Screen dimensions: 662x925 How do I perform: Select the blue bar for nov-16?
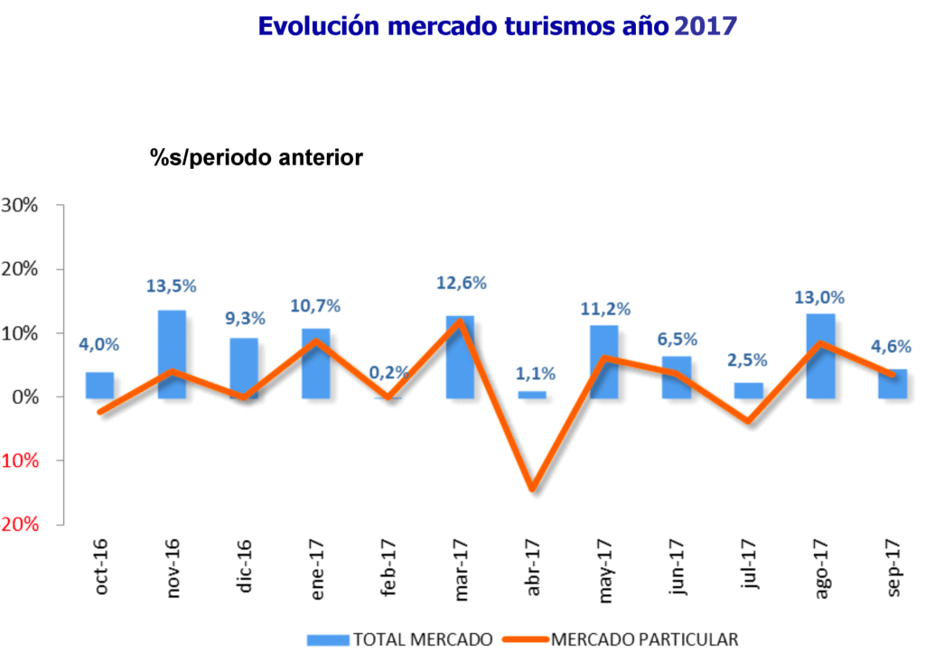point(172,353)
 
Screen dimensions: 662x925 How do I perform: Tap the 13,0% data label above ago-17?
point(820,297)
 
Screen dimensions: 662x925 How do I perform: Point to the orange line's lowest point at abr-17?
point(532,490)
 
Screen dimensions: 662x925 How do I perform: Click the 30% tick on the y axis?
point(19,205)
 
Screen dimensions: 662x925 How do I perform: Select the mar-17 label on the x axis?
point(462,569)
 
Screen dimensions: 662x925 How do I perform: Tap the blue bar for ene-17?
point(315,362)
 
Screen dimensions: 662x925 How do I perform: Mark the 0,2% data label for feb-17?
point(389,372)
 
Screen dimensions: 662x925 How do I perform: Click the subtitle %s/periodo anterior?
point(256,157)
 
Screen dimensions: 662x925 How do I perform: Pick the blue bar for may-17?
point(603,361)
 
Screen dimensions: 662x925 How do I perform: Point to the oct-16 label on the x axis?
point(101,569)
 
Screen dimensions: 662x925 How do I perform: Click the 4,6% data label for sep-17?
point(892,346)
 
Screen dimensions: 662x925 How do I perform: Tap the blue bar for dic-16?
point(244,367)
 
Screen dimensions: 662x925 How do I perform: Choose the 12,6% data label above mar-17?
point(461,283)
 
